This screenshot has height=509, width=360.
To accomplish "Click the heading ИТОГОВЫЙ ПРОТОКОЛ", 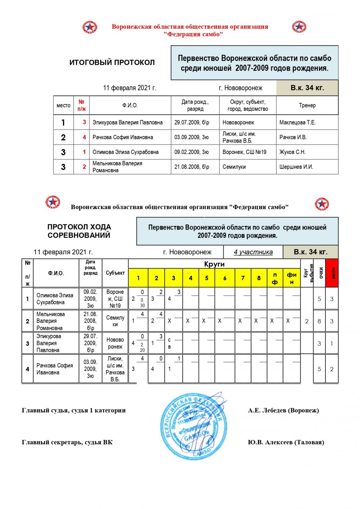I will point(112,62).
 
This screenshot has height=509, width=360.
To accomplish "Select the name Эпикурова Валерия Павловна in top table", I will point(127,122).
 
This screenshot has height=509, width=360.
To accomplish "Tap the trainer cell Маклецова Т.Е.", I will point(297,122).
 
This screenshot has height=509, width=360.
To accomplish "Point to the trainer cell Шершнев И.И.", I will point(296,167).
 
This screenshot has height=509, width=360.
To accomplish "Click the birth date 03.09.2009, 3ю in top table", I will point(192,137).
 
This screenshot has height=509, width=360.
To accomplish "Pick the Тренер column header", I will point(307,105).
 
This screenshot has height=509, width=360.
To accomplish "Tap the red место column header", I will point(332,273).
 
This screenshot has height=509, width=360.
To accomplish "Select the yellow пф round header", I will point(275,278).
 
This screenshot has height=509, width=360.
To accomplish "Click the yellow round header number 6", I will point(225,278).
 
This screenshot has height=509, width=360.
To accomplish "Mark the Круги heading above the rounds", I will point(214,264).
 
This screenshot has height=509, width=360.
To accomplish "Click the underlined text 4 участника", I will point(253,252).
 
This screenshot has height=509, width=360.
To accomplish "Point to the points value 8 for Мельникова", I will point(319,321).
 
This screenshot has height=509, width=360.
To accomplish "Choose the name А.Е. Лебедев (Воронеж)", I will point(283,410).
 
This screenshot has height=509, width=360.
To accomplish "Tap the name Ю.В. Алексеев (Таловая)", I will point(286,442).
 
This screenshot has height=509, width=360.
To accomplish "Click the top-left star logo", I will point(90,27).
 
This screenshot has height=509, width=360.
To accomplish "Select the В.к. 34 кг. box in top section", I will point(307,88).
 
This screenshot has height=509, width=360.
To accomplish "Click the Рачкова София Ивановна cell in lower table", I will point(55,369).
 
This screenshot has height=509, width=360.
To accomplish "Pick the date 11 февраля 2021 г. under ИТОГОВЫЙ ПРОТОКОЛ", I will point(130,88).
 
